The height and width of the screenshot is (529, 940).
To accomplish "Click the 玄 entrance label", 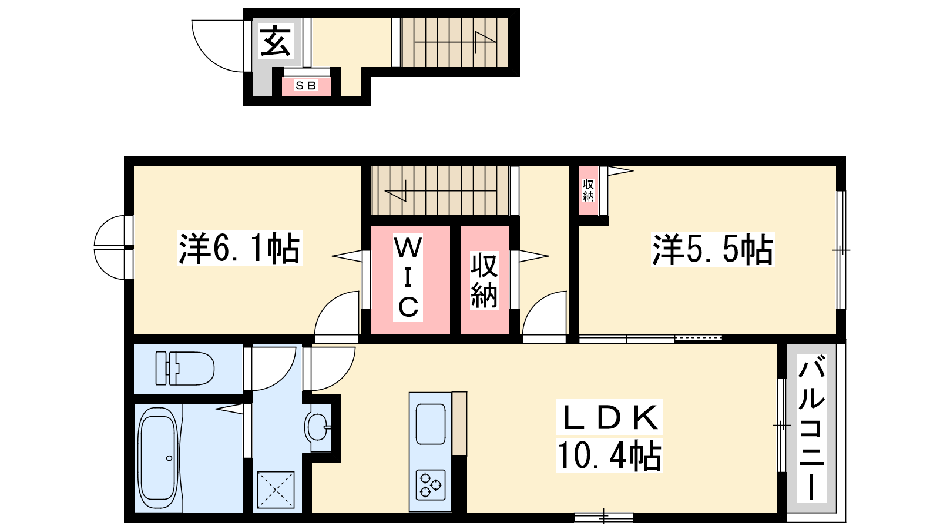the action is pos(276,41).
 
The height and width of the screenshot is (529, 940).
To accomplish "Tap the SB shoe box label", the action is pos(306,86).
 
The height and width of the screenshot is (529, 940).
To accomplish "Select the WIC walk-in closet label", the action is pos(408,277).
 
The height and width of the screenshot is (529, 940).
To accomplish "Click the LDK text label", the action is pos(609,418).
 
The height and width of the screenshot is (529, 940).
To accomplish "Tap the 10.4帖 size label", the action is pos(609,455).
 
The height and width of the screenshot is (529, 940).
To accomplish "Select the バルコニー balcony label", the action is pos(811,427).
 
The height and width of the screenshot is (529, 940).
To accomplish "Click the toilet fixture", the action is pos(185,369).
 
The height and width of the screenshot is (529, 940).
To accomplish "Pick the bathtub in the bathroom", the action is pos(158,458).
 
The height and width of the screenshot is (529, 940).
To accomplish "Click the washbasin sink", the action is pos(318,427).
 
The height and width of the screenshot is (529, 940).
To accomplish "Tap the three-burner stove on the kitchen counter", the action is pos(431,484).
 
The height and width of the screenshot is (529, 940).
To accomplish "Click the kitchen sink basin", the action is pos(431,424).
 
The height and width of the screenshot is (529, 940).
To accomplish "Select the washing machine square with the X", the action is pos(276,490).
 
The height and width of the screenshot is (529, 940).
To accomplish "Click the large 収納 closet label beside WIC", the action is pos(484,280).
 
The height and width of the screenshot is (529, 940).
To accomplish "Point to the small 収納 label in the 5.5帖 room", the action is pos(588,190).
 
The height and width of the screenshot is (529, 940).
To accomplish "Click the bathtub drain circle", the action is pos(169,458).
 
